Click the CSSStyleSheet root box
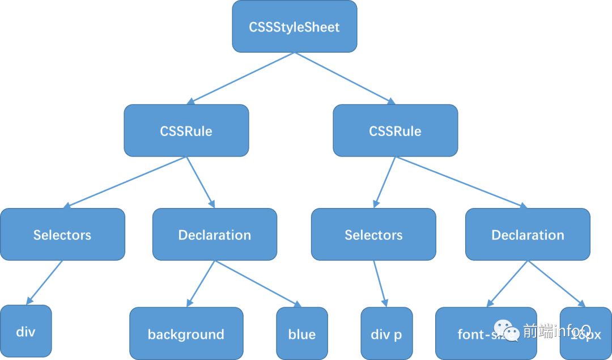click(294, 27)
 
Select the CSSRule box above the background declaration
click(186, 131)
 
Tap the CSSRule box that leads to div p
click(395, 131)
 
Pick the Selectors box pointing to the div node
click(62, 235)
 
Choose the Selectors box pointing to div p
click(373, 235)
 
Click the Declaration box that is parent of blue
click(214, 235)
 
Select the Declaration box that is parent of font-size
click(528, 235)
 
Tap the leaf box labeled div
click(25, 332)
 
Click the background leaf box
click(186, 334)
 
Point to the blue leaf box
click(301, 334)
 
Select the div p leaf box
click(386, 334)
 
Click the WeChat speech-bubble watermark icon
click(506, 329)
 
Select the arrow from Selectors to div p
click(380, 283)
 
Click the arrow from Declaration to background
click(200, 284)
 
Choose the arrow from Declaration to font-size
click(507, 284)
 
